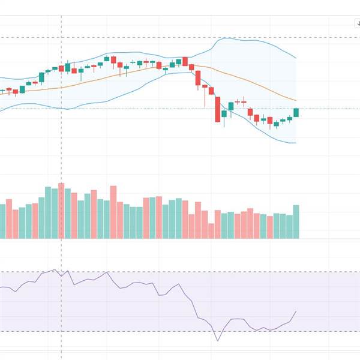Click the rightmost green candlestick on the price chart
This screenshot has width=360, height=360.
pos(296,112)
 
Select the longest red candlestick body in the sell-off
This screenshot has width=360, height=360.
pos(218,111)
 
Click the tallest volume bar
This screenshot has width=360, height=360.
pos(61,211)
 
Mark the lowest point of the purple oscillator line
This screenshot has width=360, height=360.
pos(218,341)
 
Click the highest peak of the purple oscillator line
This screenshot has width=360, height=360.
pos(54,270)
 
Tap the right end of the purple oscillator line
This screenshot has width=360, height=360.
pos(296,311)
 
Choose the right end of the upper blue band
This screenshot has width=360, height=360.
pos(296,58)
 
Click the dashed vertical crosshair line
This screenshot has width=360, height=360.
pos(61,150)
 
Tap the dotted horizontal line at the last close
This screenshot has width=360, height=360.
pos(150,109)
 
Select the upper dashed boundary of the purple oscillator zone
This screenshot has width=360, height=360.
pos(180,272)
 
